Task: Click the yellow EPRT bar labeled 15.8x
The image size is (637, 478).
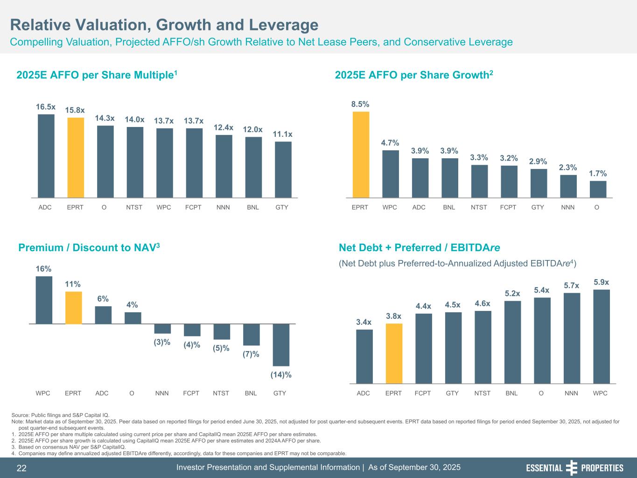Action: pos(76,157)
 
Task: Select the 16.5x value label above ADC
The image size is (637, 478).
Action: pos(46,107)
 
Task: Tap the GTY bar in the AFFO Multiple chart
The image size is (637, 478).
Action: pos(283,169)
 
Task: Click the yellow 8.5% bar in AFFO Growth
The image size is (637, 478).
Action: pos(361,155)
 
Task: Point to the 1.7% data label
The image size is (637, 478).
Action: pos(598,174)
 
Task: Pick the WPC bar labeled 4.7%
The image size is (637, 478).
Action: pos(390,174)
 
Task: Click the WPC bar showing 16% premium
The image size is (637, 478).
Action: pos(44,300)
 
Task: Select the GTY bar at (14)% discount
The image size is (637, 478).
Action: pos(281,344)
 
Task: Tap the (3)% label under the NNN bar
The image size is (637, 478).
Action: pos(162,342)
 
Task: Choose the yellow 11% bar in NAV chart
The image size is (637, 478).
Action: pos(73,308)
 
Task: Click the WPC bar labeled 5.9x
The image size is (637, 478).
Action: pos(601,336)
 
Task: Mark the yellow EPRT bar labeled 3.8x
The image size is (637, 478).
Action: pos(394,353)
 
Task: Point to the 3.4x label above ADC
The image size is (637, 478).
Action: pos(364,322)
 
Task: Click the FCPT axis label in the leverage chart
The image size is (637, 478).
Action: pos(422,393)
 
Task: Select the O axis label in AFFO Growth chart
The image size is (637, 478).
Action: pos(597,207)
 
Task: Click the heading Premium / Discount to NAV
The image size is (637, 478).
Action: pos(89,247)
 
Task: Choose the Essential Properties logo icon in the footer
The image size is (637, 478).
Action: pos(571,468)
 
